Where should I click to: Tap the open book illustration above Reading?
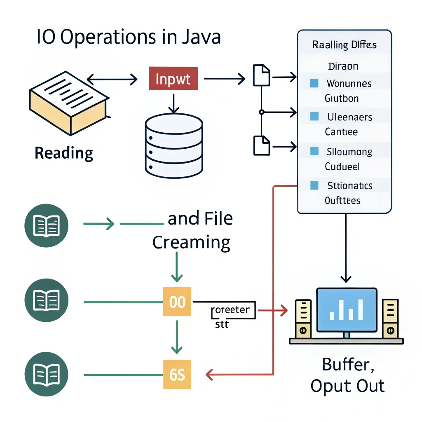tap(68, 103)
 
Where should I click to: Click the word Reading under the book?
tap(64, 153)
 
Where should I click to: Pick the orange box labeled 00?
tap(177, 302)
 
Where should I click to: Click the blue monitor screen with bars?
tap(347, 310)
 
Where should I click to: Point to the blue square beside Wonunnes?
tap(314, 84)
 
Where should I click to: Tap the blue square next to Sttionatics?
tap(314, 185)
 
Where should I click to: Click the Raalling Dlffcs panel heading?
tap(344, 45)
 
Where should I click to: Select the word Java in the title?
tap(201, 37)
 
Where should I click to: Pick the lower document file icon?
tap(261, 145)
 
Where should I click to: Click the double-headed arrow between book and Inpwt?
tap(112, 79)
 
